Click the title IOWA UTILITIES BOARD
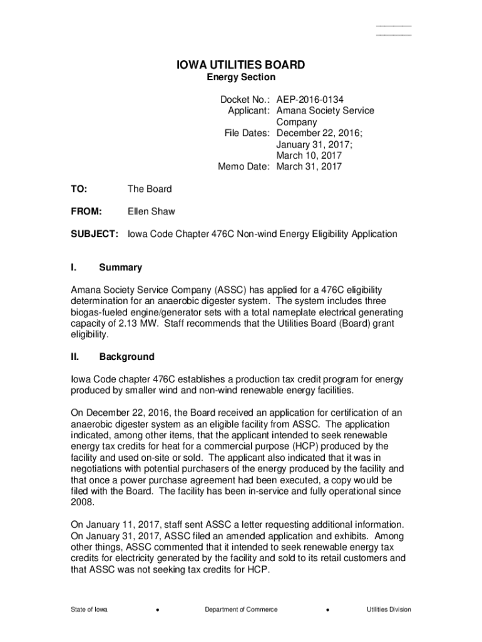(x=240, y=65)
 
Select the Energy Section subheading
(x=241, y=77)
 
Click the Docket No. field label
(x=245, y=99)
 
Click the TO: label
(x=80, y=189)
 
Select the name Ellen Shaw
(x=151, y=211)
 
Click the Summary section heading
(x=121, y=268)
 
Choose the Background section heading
(x=126, y=357)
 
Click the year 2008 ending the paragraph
(x=82, y=502)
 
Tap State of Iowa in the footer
(x=89, y=609)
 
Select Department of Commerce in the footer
(x=241, y=609)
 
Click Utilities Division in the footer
(x=389, y=609)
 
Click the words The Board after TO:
(x=150, y=189)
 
